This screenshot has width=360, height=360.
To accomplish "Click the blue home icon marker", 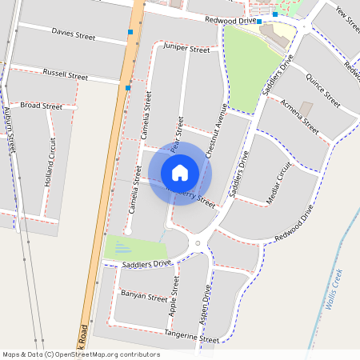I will [x=180, y=173].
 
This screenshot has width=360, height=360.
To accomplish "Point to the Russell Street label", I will [x=66, y=76].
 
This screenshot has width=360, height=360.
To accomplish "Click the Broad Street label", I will [x=41, y=106].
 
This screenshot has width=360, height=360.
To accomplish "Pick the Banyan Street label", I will [x=144, y=295].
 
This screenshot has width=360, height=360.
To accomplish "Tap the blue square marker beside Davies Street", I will [x=130, y=33].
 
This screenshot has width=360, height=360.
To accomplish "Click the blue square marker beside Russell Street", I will [x=127, y=88].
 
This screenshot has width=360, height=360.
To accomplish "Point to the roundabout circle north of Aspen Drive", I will [x=197, y=242].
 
